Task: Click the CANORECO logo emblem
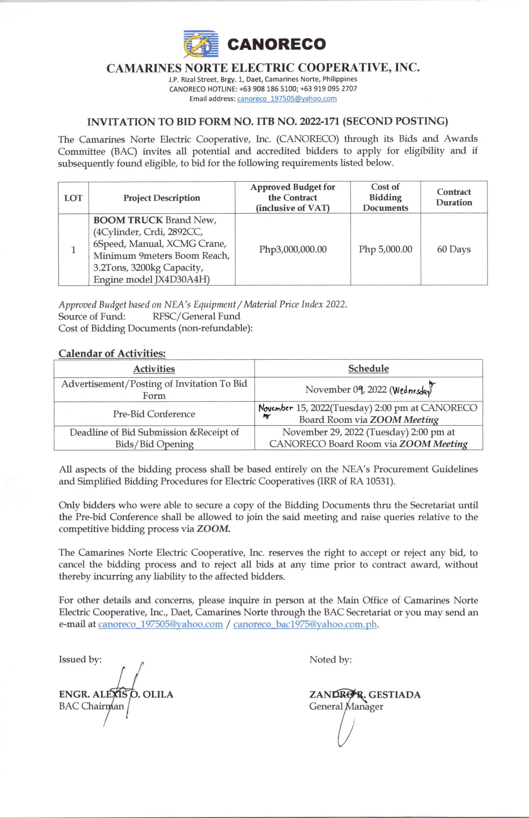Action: (x=201, y=43)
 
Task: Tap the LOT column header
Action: (x=73, y=198)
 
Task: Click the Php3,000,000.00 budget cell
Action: (x=293, y=249)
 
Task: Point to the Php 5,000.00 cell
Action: (x=385, y=249)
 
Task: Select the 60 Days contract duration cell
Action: (x=454, y=249)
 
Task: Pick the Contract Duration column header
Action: (x=454, y=197)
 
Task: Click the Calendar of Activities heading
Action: (x=112, y=353)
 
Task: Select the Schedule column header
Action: (x=368, y=368)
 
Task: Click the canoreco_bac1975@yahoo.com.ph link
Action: (x=305, y=624)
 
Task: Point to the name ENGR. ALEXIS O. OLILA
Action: (x=116, y=694)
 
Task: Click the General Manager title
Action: (x=346, y=706)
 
